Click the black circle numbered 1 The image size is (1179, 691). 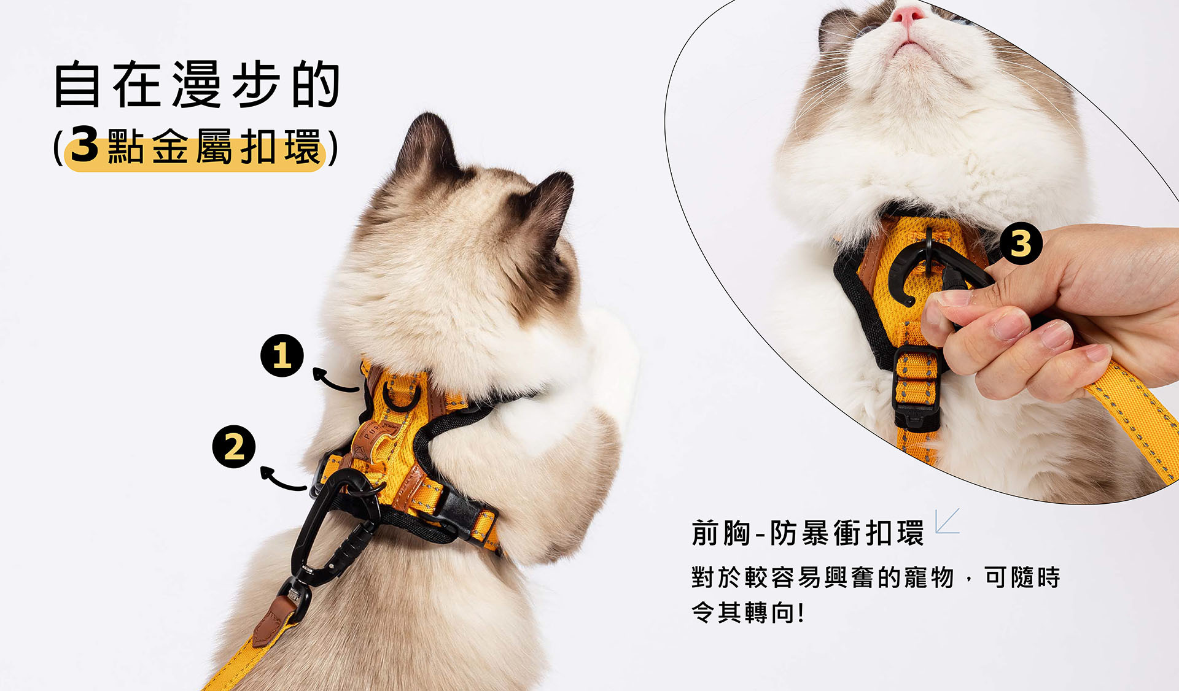tap(282, 355)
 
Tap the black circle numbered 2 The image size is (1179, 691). tap(234, 447)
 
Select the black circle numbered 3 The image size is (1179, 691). tap(1021, 244)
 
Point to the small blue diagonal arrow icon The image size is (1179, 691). tap(946, 521)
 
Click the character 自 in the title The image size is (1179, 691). tap(77, 84)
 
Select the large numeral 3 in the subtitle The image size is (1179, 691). tap(85, 145)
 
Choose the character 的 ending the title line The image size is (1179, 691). tap(316, 84)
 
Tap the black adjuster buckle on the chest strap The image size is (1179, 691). tap(916, 387)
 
